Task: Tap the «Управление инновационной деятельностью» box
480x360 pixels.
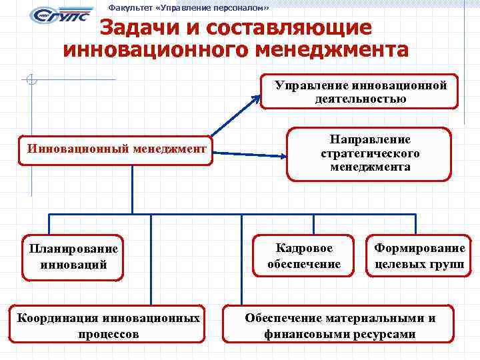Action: tap(360, 92)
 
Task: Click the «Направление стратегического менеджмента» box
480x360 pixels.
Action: tap(369, 153)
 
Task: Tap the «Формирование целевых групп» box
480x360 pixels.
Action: tap(419, 255)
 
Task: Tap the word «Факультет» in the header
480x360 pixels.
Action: tap(131, 8)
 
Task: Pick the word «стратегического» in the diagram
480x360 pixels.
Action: tap(370, 153)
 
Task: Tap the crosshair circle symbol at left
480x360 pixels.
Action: tap(30, 80)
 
